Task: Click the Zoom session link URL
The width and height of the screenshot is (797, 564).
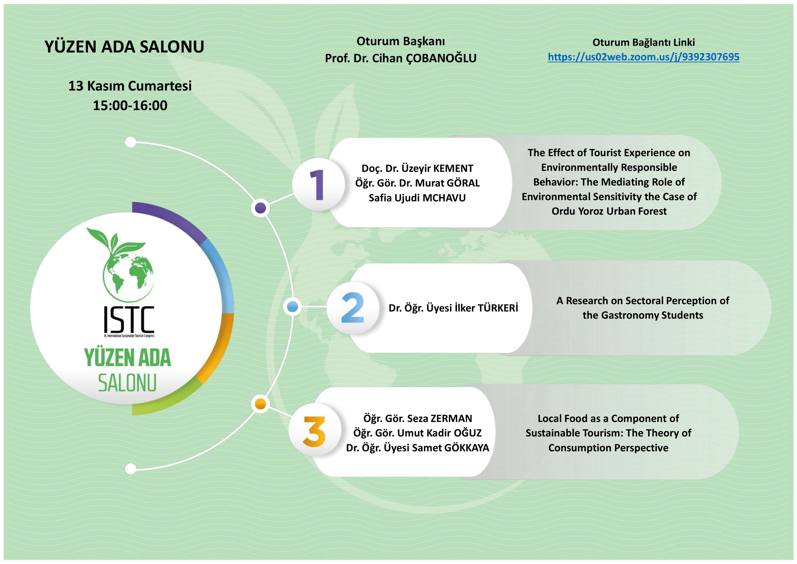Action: (x=644, y=57)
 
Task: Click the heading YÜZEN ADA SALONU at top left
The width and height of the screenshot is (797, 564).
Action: (x=124, y=47)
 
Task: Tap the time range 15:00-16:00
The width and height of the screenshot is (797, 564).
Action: (x=130, y=106)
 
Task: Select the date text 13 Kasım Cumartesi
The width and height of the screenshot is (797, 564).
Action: (x=130, y=86)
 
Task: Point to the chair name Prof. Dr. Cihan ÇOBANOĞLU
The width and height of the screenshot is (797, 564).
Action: (x=401, y=59)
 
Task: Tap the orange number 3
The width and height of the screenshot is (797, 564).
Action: (x=314, y=431)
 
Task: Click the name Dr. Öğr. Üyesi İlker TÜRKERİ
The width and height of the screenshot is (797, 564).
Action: (x=453, y=308)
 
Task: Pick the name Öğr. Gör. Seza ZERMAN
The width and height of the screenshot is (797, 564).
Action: (x=418, y=418)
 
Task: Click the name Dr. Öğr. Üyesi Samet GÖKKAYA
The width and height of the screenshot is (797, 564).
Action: (x=418, y=448)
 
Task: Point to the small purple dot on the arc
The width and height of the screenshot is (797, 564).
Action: (x=260, y=208)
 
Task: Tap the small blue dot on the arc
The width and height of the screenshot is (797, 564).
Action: (x=293, y=307)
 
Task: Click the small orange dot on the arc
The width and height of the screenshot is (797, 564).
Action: (x=260, y=404)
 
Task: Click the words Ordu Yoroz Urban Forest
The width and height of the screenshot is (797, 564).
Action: (x=609, y=211)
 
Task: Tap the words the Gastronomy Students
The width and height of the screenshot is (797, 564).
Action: (x=643, y=315)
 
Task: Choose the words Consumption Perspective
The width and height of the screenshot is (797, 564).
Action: (x=609, y=448)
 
